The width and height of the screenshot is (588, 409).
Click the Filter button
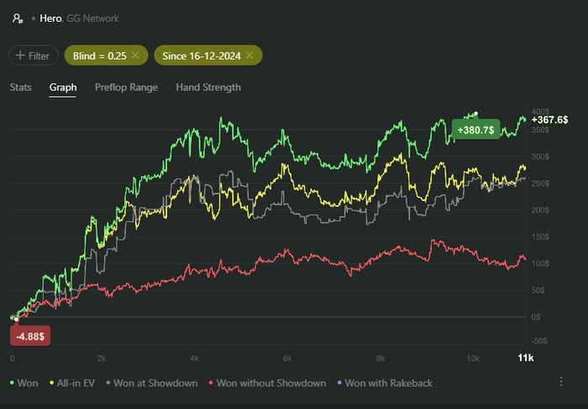(x=34, y=56)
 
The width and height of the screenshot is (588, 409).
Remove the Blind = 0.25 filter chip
(x=134, y=56)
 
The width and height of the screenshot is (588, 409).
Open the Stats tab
(x=21, y=87)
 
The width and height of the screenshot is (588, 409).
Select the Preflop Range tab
(x=126, y=87)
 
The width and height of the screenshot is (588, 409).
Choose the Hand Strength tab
(x=208, y=87)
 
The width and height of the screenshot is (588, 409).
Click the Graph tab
(x=63, y=87)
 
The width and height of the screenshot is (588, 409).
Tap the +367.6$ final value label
(x=550, y=120)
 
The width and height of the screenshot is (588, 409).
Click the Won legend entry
(x=24, y=383)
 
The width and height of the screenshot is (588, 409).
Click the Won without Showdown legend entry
(x=266, y=383)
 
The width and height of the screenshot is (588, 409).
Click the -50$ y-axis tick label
(x=539, y=340)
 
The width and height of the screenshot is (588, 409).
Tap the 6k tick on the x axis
(x=287, y=359)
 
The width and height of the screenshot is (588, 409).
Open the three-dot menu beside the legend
(x=561, y=382)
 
